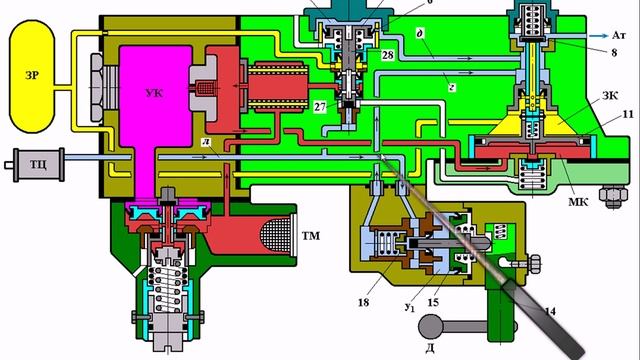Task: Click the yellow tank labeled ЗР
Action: coord(32,76)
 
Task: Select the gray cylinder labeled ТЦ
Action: coord(37,164)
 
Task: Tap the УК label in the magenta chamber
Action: coord(154,93)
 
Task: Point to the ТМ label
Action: coord(311,236)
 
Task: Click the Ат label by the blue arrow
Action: coord(618,36)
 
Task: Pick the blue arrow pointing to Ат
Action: coord(599,36)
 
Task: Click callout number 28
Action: coord(387,55)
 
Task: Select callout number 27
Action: coord(320,107)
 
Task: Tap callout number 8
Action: coord(614,53)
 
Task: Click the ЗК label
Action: coord(610,96)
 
